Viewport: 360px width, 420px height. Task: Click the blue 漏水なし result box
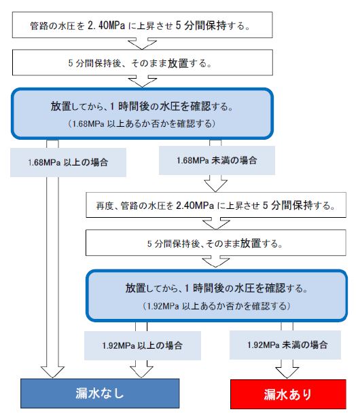100,394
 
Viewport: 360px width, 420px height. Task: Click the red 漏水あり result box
288,394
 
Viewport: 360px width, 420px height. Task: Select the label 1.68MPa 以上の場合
68,162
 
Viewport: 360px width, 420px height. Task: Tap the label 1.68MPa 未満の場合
217,160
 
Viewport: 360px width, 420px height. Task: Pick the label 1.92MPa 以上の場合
143,345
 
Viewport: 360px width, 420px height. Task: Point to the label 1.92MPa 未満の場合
287,345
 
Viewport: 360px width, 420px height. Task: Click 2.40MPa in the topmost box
107,26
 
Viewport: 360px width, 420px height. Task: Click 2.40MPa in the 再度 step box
195,206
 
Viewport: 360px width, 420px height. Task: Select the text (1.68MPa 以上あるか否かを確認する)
141,123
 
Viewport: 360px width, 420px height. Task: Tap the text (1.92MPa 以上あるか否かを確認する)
217,306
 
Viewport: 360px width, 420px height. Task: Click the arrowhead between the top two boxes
142,44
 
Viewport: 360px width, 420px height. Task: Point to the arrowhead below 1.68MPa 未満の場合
215,185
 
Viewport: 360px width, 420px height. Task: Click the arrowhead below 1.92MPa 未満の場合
287,370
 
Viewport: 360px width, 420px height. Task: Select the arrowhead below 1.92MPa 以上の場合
141,370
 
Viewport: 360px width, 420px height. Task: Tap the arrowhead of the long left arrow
52,372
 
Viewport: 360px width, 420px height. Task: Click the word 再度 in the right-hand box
105,206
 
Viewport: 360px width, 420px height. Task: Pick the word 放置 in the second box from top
178,64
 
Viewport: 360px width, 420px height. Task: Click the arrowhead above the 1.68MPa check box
143,82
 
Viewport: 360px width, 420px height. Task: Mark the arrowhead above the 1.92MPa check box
216,262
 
